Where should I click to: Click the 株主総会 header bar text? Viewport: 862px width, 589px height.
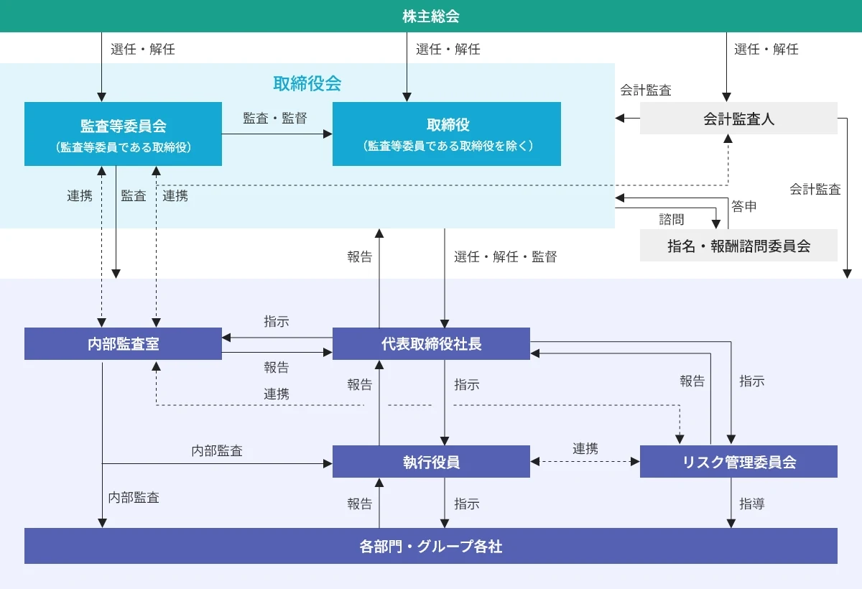click(431, 16)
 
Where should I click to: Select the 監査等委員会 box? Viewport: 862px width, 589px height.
click(123, 134)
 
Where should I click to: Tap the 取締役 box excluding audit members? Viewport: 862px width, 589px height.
click(446, 134)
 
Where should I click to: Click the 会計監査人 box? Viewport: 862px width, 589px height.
click(738, 119)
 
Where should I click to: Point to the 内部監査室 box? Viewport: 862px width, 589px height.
click(123, 343)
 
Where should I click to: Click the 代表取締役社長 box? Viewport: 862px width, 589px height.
click(431, 343)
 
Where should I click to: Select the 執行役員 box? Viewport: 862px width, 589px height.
click(431, 462)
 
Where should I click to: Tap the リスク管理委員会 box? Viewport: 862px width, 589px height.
click(738, 462)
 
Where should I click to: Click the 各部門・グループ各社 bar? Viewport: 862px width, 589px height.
click(431, 547)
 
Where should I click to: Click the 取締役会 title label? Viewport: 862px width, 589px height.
click(307, 83)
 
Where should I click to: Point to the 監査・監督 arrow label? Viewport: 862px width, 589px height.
click(275, 119)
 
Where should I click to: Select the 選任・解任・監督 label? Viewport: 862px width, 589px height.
click(505, 256)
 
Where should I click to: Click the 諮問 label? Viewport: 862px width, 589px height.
click(672, 219)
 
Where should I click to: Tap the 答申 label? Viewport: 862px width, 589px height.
click(744, 206)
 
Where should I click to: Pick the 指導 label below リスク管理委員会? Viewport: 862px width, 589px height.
click(752, 504)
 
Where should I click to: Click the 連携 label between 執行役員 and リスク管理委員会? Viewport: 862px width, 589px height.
click(585, 448)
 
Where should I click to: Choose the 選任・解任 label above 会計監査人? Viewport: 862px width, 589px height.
click(766, 50)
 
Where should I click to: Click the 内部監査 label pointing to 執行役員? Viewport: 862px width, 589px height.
click(217, 451)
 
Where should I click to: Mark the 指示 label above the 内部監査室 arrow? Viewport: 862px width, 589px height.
click(276, 322)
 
